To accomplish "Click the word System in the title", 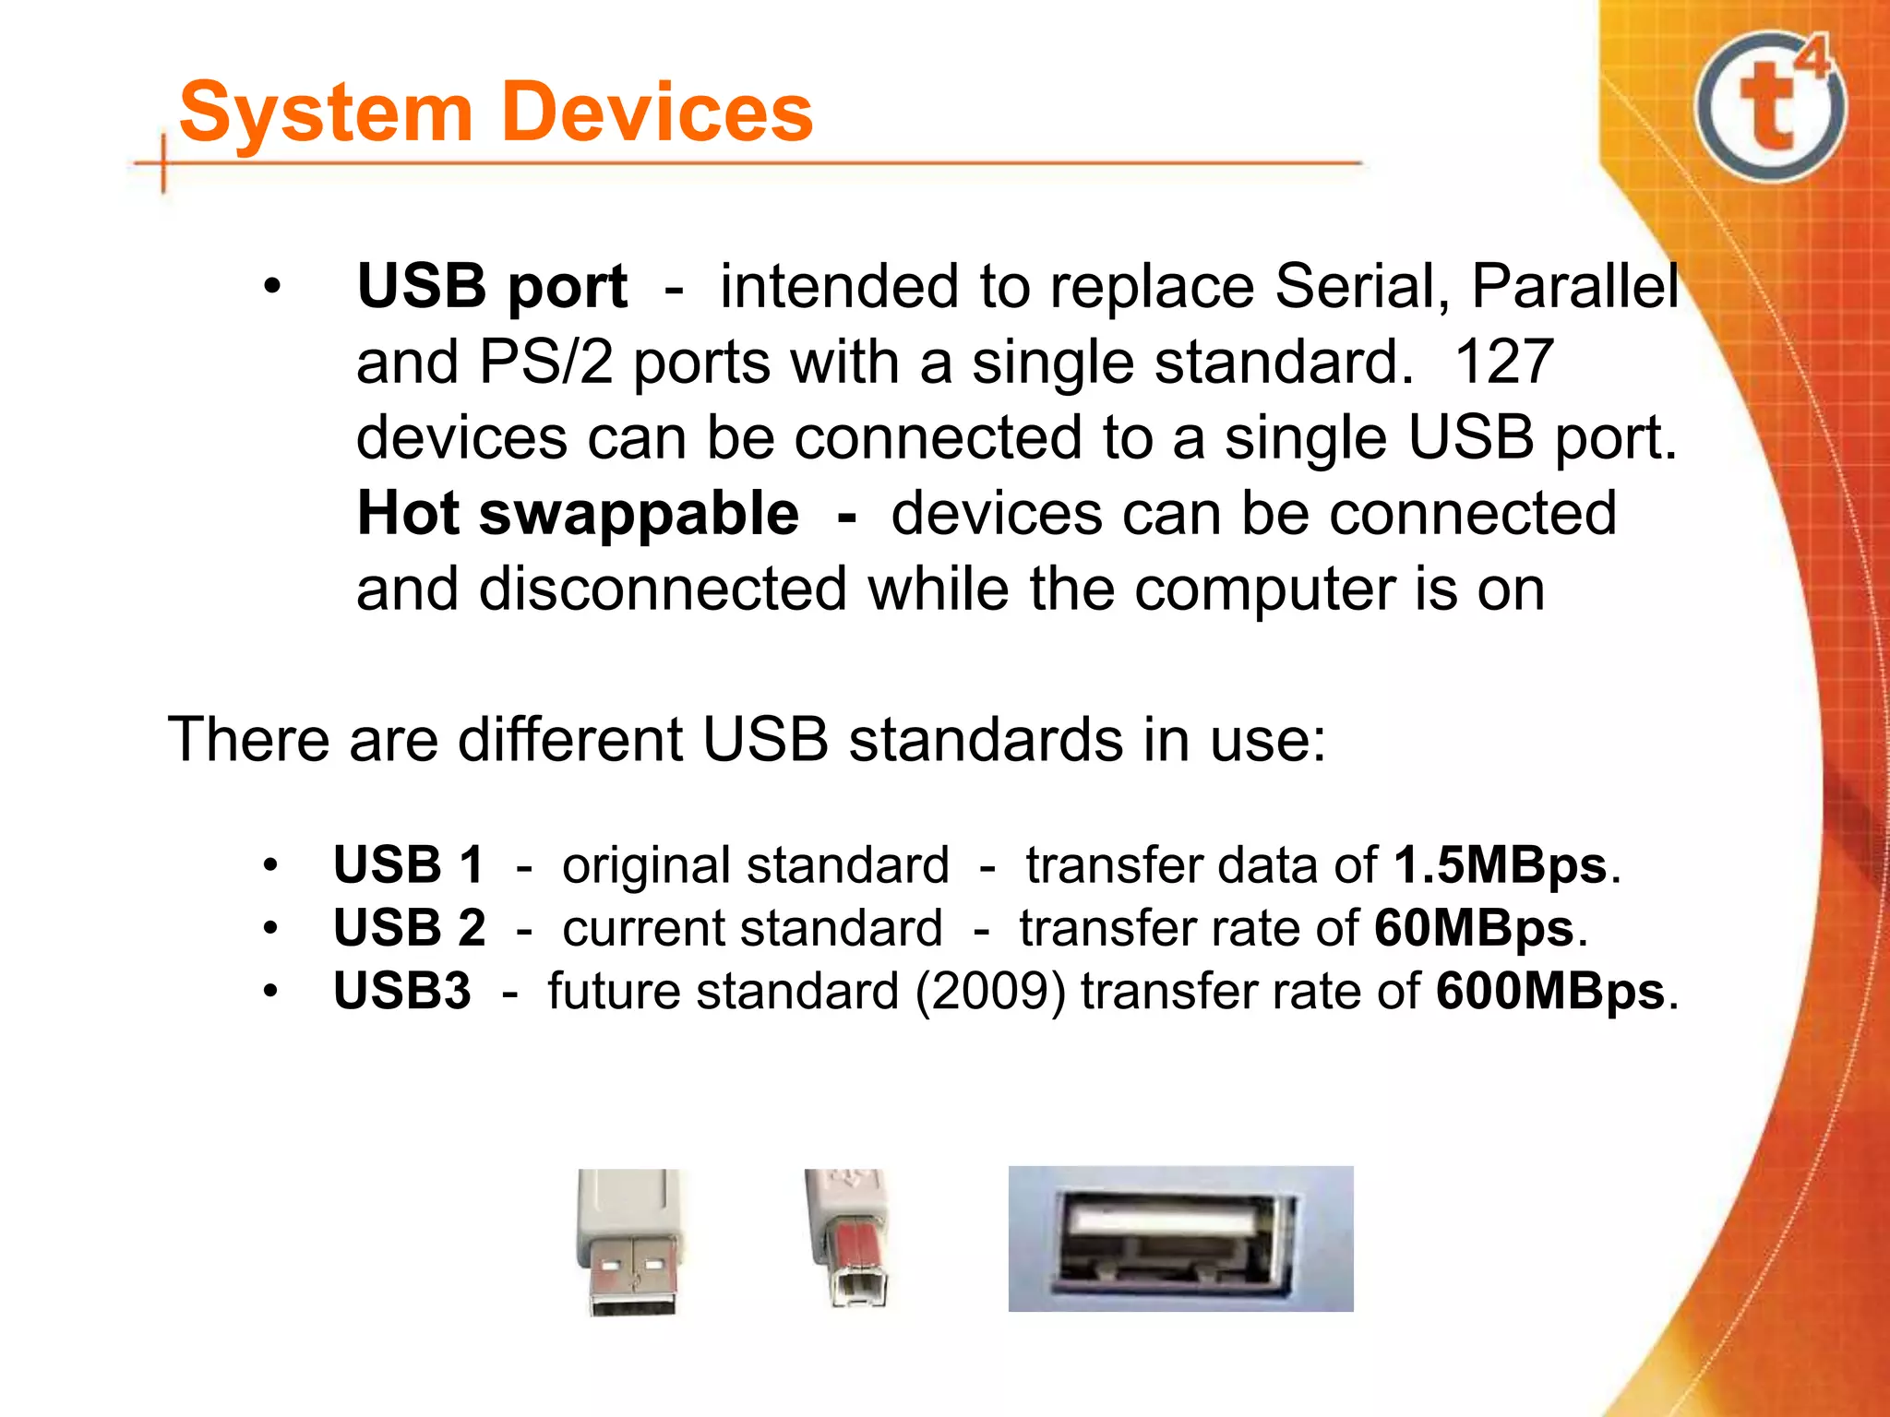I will pos(325,113).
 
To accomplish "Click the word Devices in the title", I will pos(659,113).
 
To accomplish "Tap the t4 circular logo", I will pos(1770,106).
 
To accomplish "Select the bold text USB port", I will pos(492,286).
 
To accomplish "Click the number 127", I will pos(1503,362).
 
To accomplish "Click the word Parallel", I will pos(1574,286).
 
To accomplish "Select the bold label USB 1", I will pos(408,865).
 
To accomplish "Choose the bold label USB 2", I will pos(409,928).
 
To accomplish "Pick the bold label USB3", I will pos(401,991).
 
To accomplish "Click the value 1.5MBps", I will pos(1501,865).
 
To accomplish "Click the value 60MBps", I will pos(1474,928).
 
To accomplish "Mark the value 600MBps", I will pos(1550,991).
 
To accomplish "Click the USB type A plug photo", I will pos(631,1241).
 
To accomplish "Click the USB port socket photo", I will pos(1180,1238).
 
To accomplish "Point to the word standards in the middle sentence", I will pos(986,740).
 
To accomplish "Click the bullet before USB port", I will pos(270,287).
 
